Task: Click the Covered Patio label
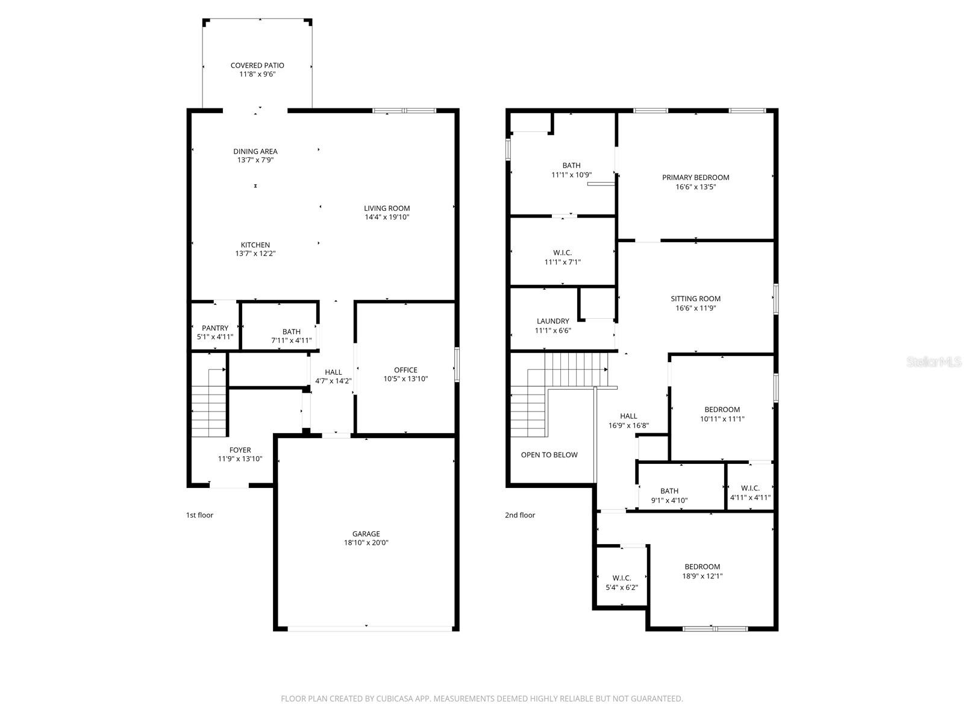[257, 66]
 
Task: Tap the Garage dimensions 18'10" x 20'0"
[366, 543]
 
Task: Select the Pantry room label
[215, 328]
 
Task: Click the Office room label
[405, 371]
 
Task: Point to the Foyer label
[240, 450]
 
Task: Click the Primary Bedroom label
[695, 178]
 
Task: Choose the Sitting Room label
[695, 299]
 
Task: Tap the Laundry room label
[552, 322]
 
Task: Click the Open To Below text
[549, 455]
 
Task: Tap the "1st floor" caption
[199, 515]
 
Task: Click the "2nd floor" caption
[519, 515]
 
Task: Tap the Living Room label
[387, 209]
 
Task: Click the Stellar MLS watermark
[934, 362]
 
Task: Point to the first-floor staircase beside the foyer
[208, 404]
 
